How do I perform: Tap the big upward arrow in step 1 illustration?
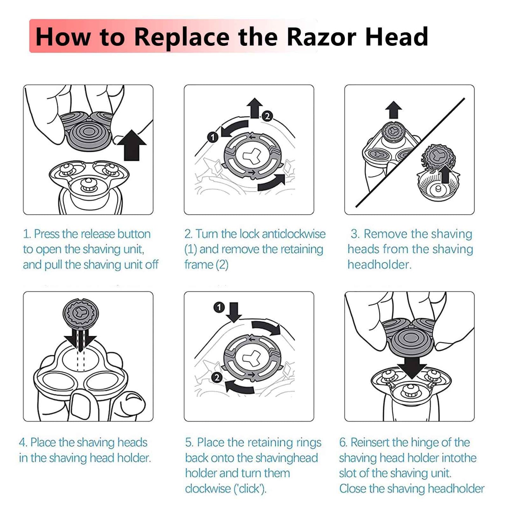131,145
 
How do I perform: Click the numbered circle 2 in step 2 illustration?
267,116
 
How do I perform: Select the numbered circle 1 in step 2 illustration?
213,137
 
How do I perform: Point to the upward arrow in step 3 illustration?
394,110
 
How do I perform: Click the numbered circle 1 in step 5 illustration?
219,307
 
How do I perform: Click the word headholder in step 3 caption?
379,265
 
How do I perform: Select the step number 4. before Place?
23,442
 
